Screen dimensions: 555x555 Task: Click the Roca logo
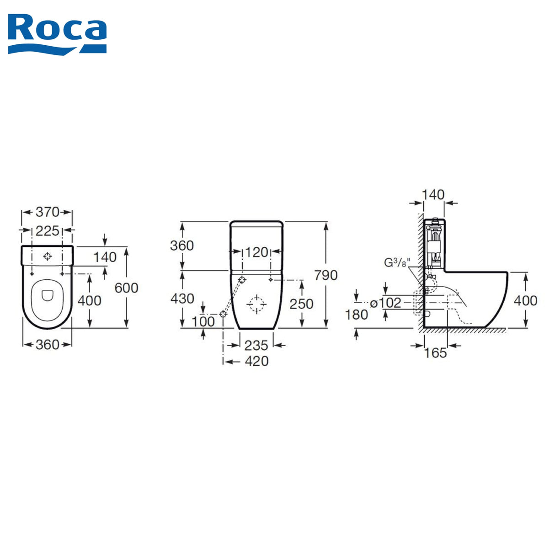[x=57, y=34]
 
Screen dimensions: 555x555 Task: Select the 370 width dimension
[x=47, y=212]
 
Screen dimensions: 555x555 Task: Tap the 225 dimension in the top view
[x=47, y=231]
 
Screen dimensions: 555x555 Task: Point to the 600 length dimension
[x=127, y=288]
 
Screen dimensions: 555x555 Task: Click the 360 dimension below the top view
[x=47, y=345]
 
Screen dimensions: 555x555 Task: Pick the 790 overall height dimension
[x=326, y=275]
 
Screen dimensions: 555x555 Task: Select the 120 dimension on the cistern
[x=256, y=252]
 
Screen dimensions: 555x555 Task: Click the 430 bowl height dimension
[x=182, y=299]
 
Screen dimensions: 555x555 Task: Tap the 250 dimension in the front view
[x=301, y=304]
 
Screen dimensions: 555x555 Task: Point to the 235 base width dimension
[x=256, y=346]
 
